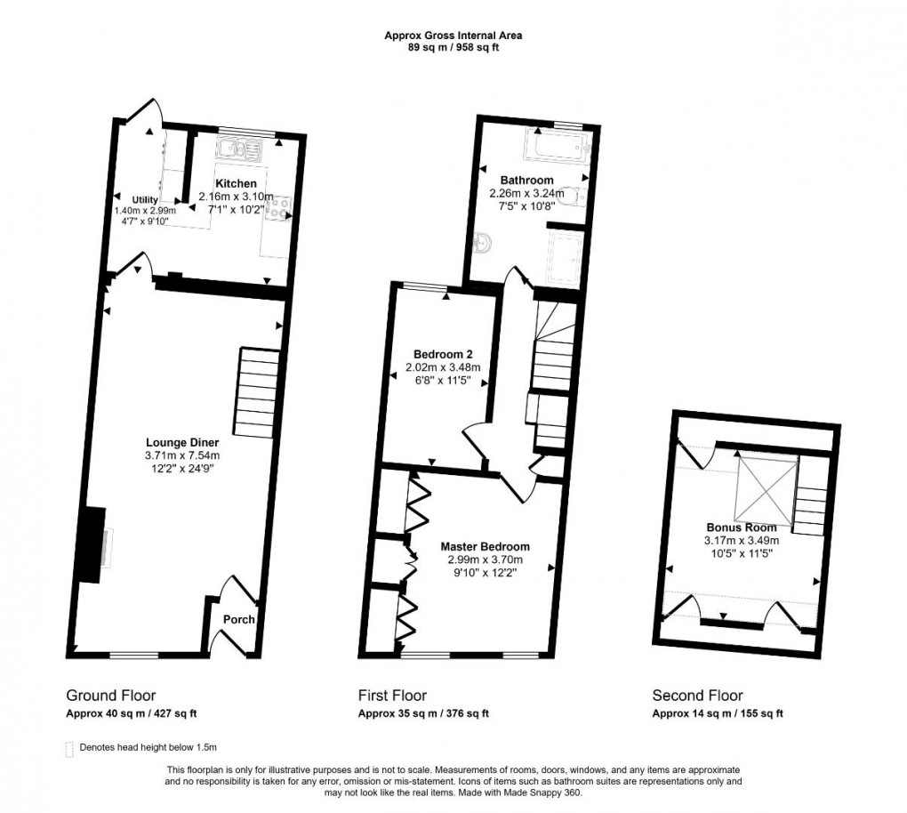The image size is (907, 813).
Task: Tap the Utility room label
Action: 145,199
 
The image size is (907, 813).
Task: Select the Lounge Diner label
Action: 182,442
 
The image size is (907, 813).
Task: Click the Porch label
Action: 238,620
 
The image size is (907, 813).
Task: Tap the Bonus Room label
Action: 742,527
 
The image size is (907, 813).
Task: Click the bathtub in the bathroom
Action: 553,144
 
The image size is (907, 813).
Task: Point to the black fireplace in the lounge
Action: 92,544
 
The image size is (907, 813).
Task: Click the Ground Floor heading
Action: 112,696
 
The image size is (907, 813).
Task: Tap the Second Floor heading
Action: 697,696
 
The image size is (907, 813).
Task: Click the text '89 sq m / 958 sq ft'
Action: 453,47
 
